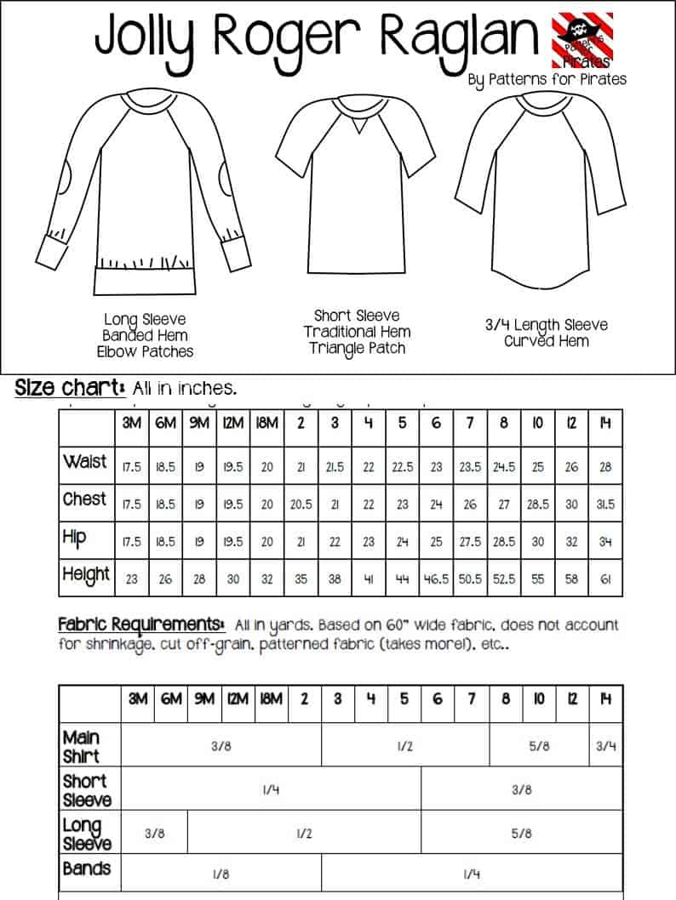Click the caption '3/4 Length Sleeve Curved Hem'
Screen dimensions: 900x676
[547, 333]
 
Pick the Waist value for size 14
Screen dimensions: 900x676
[605, 467]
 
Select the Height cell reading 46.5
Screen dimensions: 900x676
[436, 579]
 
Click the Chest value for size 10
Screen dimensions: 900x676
[538, 504]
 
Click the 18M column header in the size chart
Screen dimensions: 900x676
[267, 423]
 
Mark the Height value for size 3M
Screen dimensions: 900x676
[131, 579]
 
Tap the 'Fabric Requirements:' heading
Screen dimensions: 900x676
[141, 624]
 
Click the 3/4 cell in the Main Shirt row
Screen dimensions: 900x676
[605, 746]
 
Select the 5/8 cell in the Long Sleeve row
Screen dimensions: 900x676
[522, 834]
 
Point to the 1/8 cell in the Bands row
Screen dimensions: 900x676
[221, 874]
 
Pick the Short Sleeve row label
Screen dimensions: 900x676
[87, 790]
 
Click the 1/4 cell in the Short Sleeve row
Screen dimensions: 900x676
[271, 790]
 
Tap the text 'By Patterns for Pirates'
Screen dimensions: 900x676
[547, 79]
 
